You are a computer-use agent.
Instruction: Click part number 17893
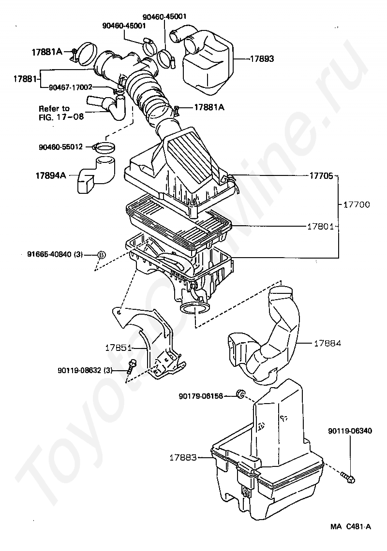pyautogui.click(x=262, y=59)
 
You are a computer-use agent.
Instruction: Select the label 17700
pyautogui.click(x=357, y=204)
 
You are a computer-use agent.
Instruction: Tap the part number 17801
pyautogui.click(x=321, y=227)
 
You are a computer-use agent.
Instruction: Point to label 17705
pyautogui.click(x=321, y=175)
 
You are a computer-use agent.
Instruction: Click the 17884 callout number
pyautogui.click(x=327, y=343)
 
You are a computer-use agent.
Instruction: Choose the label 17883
pyautogui.click(x=183, y=458)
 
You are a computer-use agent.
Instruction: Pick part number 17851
pyautogui.click(x=118, y=348)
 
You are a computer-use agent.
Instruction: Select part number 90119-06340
pyautogui.click(x=350, y=431)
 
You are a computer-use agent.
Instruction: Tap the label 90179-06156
pyautogui.click(x=201, y=396)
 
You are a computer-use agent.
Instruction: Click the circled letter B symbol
pyautogui.click(x=101, y=254)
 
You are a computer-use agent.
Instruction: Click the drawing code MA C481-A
pyautogui.click(x=350, y=526)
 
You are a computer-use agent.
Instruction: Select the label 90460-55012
pyautogui.click(x=61, y=147)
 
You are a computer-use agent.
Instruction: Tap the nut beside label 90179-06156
pyautogui.click(x=240, y=394)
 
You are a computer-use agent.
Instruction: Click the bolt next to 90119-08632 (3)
pyautogui.click(x=132, y=367)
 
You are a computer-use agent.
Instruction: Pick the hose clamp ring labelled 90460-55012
pyautogui.click(x=104, y=148)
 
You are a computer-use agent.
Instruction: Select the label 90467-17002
pyautogui.click(x=71, y=87)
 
